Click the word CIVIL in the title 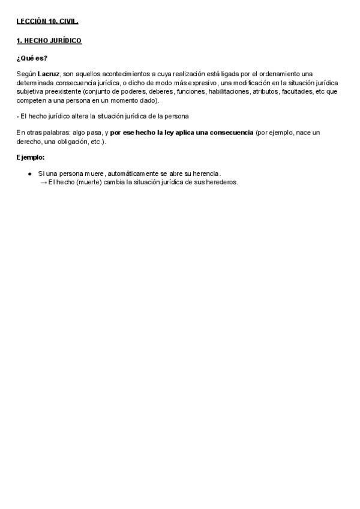[x=69, y=22]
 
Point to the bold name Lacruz [x=49, y=73]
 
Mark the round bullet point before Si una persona [x=31, y=174]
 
